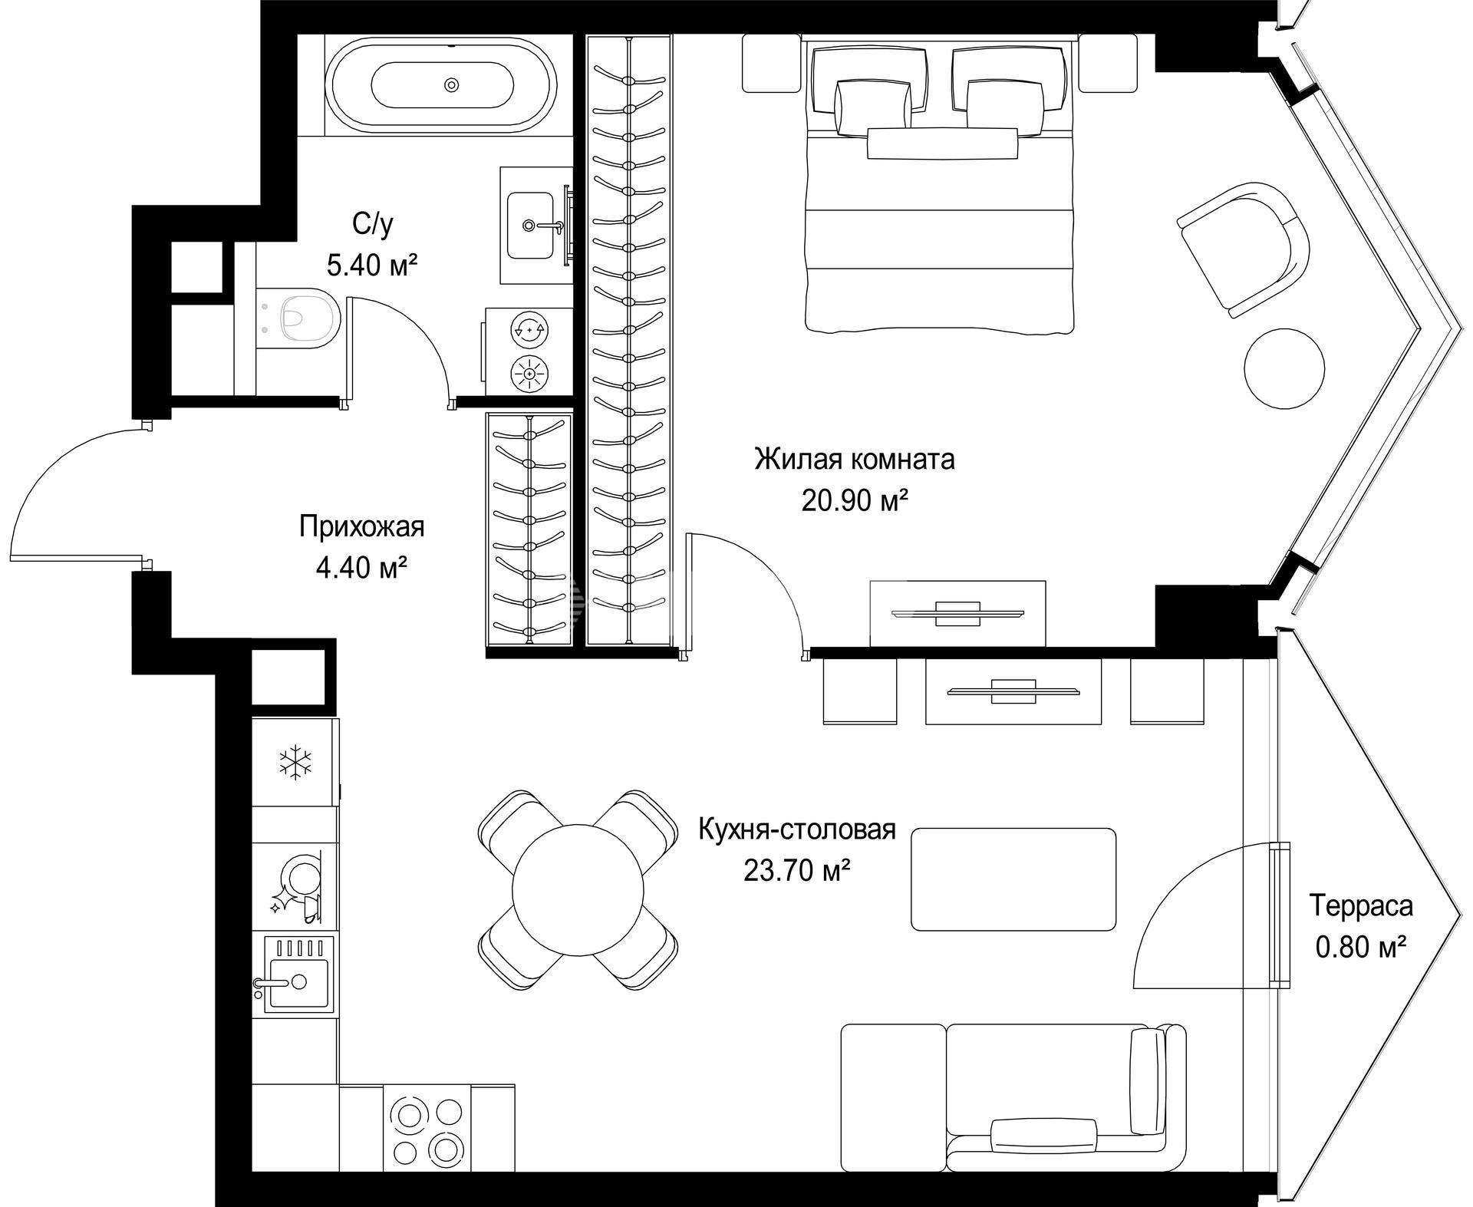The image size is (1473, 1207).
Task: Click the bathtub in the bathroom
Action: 441,86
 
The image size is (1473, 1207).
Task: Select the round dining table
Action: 578,889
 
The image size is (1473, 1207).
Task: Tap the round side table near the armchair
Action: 1284,368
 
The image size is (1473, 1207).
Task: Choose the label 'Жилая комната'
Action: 855,460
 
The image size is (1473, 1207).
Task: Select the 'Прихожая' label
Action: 361,527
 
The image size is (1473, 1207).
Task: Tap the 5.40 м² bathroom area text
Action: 372,265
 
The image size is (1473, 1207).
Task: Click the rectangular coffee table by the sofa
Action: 1013,879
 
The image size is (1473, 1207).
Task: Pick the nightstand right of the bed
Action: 1107,64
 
